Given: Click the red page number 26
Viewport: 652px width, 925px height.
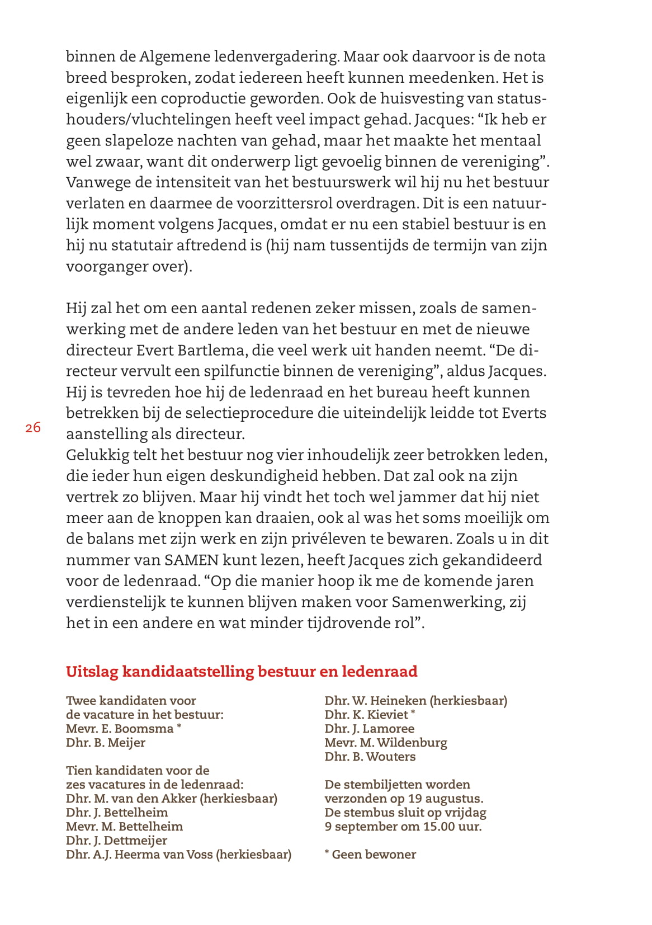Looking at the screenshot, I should tap(33, 428).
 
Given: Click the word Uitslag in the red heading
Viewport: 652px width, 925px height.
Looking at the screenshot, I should tap(92, 672).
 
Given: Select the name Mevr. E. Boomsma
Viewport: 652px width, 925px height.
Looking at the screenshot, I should tap(120, 729).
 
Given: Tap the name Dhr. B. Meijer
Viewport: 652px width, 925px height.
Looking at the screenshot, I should tap(106, 743).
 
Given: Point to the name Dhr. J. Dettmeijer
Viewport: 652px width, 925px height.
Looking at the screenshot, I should tap(116, 841).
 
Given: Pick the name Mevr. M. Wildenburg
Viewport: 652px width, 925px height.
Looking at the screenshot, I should tap(386, 743).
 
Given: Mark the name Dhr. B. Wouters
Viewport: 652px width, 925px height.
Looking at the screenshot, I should tap(370, 757).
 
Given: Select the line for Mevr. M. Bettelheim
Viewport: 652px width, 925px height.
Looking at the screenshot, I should tap(124, 827).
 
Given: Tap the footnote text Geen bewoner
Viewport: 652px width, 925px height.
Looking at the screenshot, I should tap(374, 855).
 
